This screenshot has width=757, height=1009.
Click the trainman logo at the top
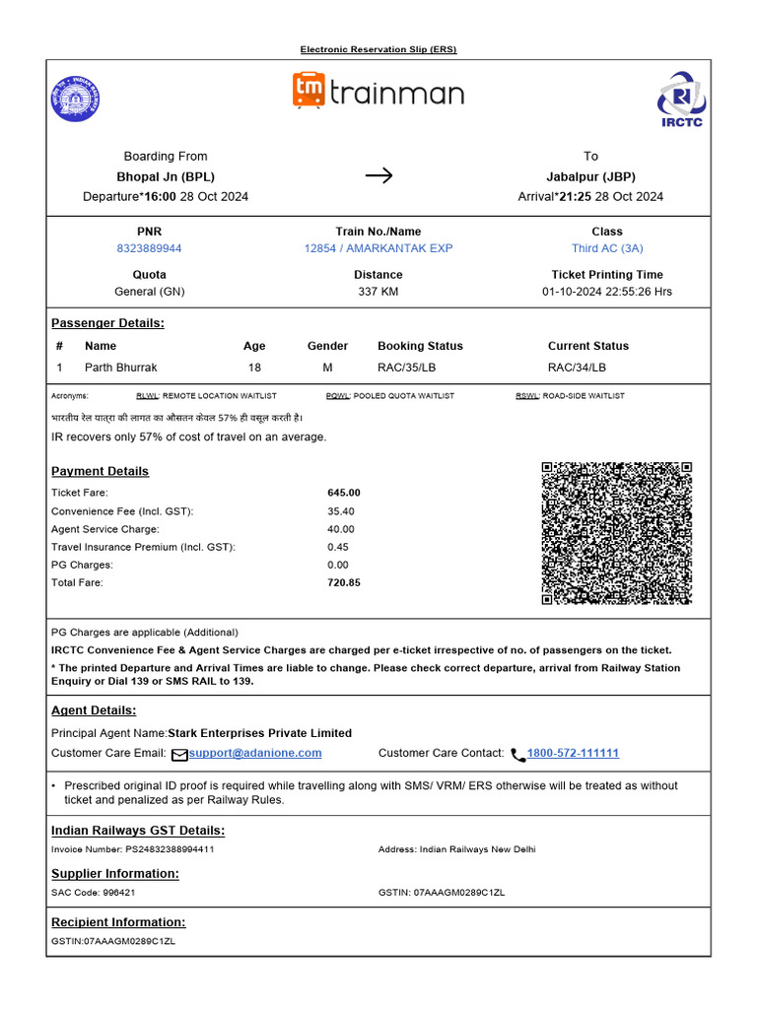coord(378,92)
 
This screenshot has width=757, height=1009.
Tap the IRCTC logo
coord(681,99)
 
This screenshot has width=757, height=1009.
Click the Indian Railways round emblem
coord(76,100)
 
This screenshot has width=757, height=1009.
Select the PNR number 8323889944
coord(149,248)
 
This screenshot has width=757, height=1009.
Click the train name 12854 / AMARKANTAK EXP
coord(378,248)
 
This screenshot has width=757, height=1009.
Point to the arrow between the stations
coord(378,175)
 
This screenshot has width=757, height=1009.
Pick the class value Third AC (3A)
coord(606,248)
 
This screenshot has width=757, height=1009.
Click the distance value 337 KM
coord(378,292)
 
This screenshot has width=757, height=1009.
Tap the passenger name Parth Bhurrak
coord(120,368)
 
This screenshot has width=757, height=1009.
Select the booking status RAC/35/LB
coord(406,368)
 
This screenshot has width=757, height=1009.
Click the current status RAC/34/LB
coord(577,368)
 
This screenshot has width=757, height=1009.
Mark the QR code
coord(617,533)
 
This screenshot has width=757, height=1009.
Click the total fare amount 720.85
coord(344,582)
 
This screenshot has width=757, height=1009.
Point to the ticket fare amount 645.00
coord(344,492)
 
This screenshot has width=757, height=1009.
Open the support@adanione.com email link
coord(255,753)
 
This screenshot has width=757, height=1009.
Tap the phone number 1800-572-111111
coord(573,753)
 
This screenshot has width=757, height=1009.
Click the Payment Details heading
coord(100,471)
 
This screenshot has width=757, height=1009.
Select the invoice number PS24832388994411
coord(170,848)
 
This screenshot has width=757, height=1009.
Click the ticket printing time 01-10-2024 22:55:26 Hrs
coord(606,292)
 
